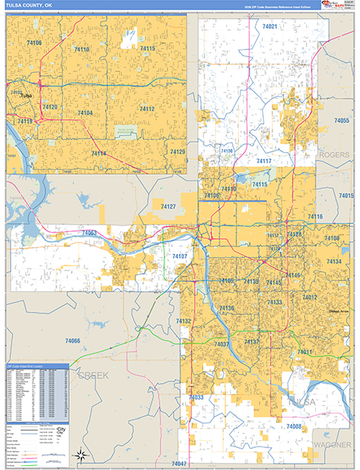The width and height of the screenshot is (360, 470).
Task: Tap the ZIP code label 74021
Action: [x=270, y=27]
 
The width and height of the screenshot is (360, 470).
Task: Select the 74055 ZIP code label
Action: [x=340, y=121]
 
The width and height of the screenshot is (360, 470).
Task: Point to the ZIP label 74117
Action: [x=264, y=161]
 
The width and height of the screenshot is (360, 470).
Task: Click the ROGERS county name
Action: [x=334, y=155]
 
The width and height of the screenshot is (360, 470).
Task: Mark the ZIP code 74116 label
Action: [x=315, y=216]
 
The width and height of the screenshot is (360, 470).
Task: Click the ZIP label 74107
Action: [x=179, y=257]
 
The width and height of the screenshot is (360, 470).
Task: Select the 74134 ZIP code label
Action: [x=334, y=262]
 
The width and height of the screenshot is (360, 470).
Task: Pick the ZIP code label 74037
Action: [x=221, y=345]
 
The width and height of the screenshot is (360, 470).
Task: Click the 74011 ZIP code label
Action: [x=304, y=352]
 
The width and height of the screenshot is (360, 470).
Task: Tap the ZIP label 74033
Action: [x=196, y=398]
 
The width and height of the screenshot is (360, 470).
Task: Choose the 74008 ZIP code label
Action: [x=293, y=426]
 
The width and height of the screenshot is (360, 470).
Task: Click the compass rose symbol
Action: [x=80, y=454]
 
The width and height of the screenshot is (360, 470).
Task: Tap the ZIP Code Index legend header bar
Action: [x=37, y=366]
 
